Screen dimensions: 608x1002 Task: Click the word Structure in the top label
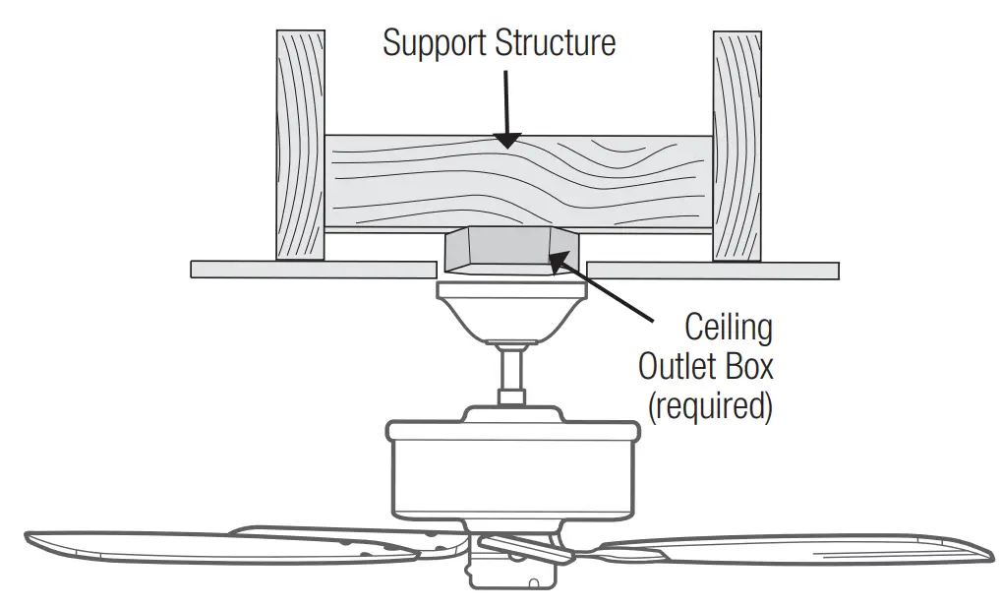click(x=559, y=43)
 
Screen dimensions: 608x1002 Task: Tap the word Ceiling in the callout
click(x=729, y=328)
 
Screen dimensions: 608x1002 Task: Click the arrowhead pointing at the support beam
click(x=505, y=139)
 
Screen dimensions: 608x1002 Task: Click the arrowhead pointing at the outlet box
click(x=558, y=260)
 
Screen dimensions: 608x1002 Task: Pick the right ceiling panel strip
click(x=712, y=270)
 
